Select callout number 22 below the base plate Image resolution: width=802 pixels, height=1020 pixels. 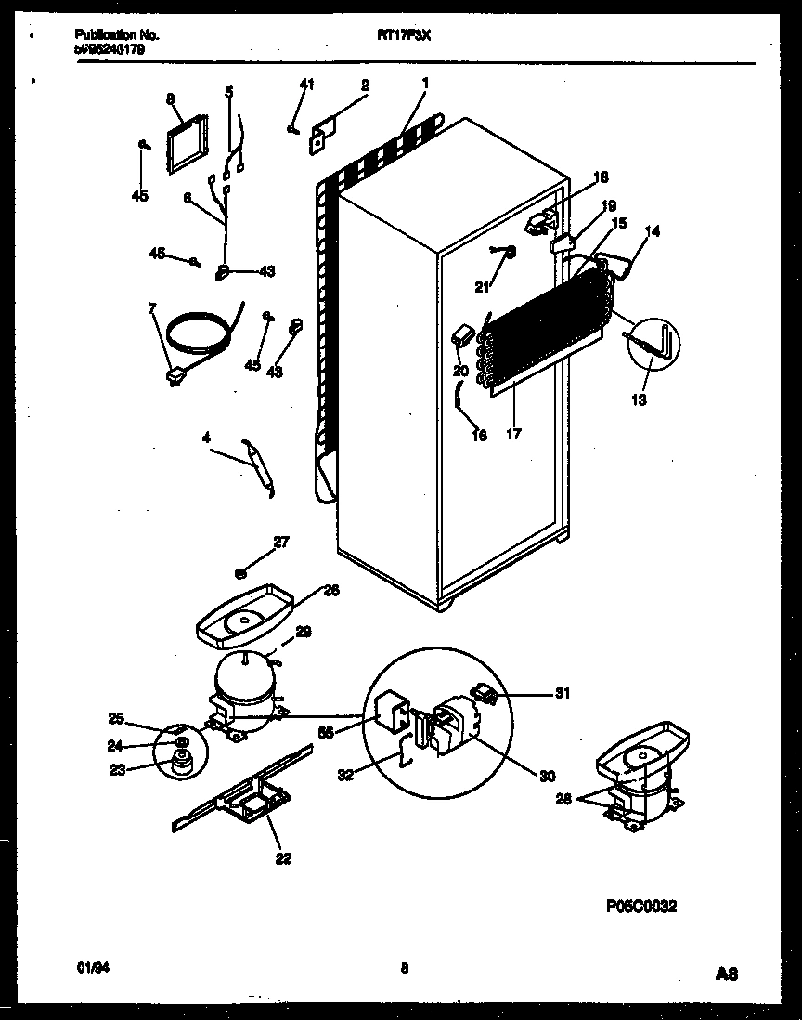(283, 858)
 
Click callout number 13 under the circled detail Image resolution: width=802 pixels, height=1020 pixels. (640, 400)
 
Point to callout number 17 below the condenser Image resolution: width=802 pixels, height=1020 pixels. (514, 432)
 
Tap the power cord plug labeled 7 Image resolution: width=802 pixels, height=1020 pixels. (174, 376)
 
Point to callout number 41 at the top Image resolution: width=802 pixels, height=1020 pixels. (307, 85)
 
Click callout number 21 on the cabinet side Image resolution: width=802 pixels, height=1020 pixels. (481, 288)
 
